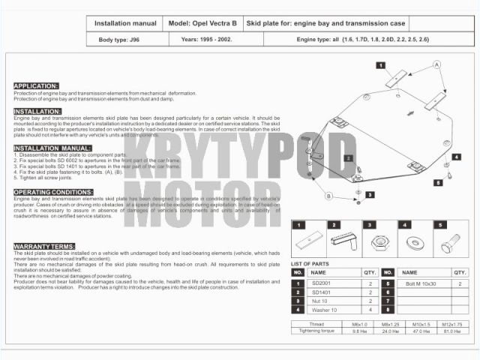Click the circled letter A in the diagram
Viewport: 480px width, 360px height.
(x=436, y=66)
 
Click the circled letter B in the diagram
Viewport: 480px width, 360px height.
(x=328, y=196)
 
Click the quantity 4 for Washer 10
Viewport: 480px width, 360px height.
(x=370, y=309)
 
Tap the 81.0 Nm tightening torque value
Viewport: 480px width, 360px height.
(x=451, y=330)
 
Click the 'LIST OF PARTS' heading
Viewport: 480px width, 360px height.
(x=310, y=264)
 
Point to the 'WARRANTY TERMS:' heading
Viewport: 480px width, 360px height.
(x=44, y=246)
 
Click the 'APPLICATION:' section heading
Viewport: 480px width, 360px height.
(x=36, y=85)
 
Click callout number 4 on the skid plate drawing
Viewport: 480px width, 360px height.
(x=457, y=157)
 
